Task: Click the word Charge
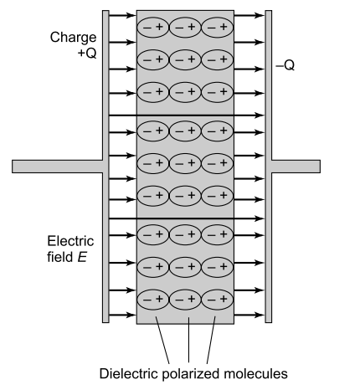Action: pos(73,38)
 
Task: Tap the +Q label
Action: pos(87,53)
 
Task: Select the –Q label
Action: pos(285,65)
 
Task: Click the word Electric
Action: pos(70,241)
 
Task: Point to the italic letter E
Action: pos(82,257)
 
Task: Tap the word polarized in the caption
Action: pos(191,374)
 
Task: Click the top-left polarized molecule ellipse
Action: pos(153,27)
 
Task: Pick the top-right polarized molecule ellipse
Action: pos(217,27)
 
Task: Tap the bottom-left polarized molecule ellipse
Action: pos(153,300)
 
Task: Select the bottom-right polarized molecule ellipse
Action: pos(217,300)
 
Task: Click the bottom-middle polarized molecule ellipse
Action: pos(185,300)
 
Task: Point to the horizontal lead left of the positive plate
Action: pos(58,167)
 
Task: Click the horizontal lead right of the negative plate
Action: pos(296,167)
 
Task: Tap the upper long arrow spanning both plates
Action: pos(187,115)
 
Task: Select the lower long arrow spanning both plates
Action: pos(187,218)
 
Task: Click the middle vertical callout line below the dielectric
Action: pos(189,340)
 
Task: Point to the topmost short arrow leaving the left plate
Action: pos(122,15)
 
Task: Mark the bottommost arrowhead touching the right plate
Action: pos(259,315)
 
